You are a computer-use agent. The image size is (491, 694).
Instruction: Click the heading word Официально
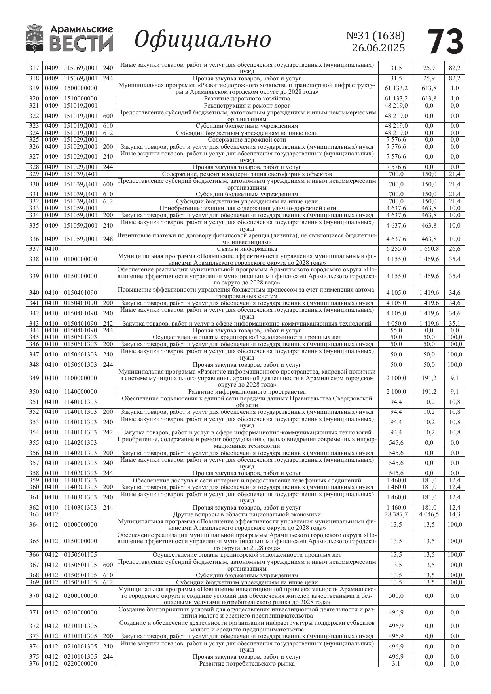203,40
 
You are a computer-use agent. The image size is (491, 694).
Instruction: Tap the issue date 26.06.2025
378,48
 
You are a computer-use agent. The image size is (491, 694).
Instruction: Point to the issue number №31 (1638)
375,36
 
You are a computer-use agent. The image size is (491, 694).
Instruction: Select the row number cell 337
34,249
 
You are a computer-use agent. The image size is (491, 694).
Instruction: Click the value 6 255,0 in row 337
396,249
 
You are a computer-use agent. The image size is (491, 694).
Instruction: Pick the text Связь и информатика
246,249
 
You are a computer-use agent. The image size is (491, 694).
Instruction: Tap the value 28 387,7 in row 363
396,514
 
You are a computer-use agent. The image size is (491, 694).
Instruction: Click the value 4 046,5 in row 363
429,514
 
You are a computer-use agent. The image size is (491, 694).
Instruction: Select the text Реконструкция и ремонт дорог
246,106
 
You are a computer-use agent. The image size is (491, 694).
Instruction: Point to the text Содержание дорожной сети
246,139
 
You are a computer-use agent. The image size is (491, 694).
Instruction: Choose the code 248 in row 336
108,239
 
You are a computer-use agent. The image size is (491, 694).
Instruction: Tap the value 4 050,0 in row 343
396,323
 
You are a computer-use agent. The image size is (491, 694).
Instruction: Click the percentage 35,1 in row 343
454,323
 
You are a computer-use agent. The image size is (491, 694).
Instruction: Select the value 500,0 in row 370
396,595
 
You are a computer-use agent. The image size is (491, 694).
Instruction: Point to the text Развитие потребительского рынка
246,664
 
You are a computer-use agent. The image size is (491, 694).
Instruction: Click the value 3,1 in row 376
396,664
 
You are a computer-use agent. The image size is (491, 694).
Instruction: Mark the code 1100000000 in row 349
80,378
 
